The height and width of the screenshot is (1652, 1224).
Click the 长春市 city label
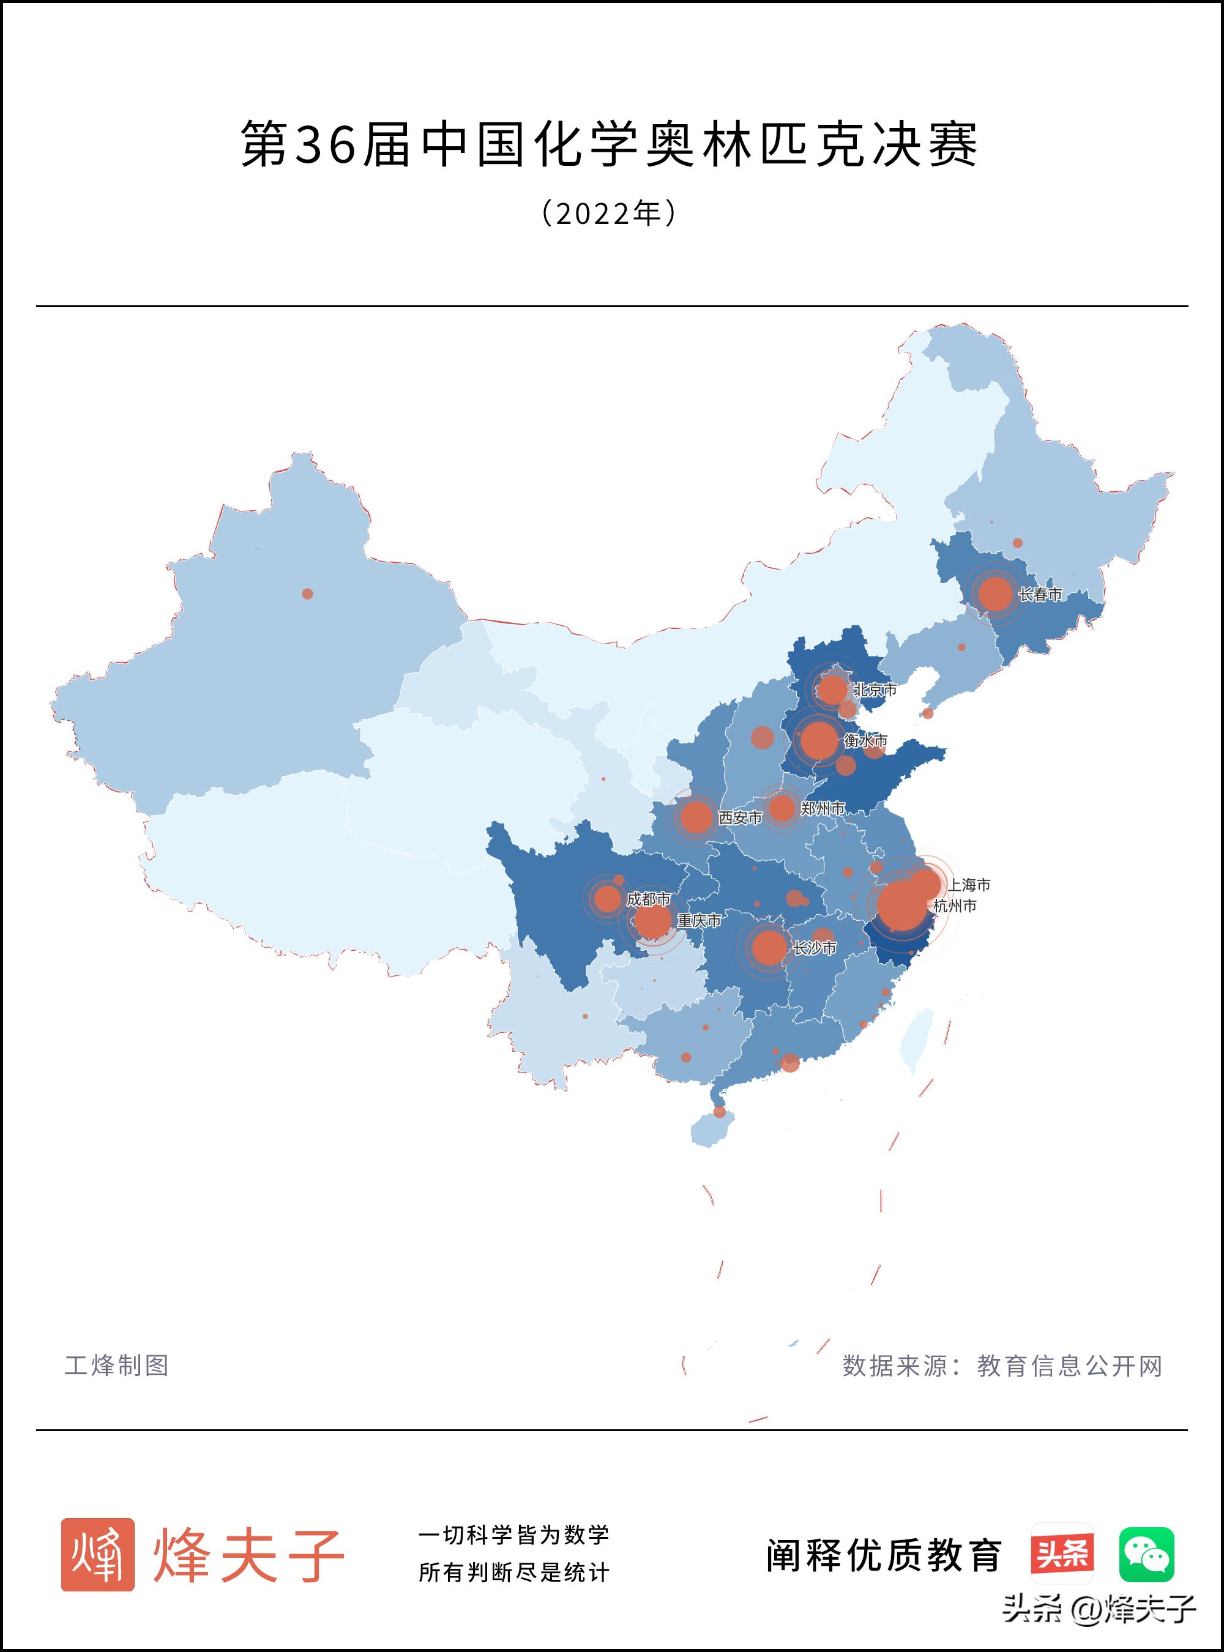pos(1040,595)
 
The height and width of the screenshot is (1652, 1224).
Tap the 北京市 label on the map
pos(875,690)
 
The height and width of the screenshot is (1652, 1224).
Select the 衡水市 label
pos(865,741)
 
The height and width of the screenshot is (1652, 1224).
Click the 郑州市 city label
pos(823,809)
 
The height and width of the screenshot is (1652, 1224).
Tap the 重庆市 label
pos(699,921)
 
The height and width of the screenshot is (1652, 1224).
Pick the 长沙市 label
pos(815,948)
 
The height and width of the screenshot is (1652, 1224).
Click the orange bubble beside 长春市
pos(995,594)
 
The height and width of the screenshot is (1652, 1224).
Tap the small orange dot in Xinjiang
pos(307,594)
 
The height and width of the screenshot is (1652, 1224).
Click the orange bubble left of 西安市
pos(696,817)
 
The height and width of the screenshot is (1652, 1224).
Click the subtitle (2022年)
pos(609,214)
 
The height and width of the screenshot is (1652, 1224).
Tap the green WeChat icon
pos(1146,1554)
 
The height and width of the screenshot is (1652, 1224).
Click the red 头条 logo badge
pos(1062,1554)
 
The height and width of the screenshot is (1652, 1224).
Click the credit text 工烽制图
pos(117,1365)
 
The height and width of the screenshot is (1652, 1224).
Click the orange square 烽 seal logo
pos(98,1554)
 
